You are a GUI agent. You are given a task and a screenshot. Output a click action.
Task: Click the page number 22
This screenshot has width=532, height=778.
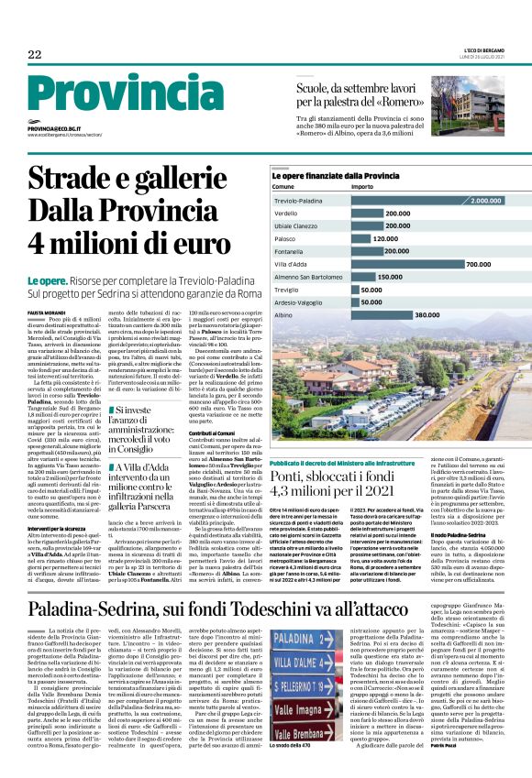tap(35, 55)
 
